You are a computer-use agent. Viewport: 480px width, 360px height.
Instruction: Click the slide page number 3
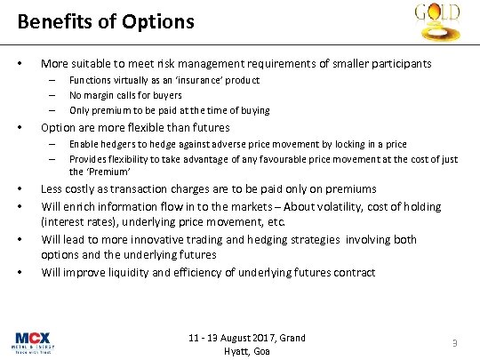click(453, 344)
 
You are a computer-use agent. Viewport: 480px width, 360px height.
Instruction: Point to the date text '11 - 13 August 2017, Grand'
click(247, 338)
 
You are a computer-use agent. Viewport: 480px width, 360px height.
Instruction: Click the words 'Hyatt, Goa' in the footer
click(247, 351)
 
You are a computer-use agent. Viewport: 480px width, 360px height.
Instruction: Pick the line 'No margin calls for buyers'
click(125, 95)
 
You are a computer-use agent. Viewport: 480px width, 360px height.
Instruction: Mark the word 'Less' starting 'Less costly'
click(52, 189)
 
